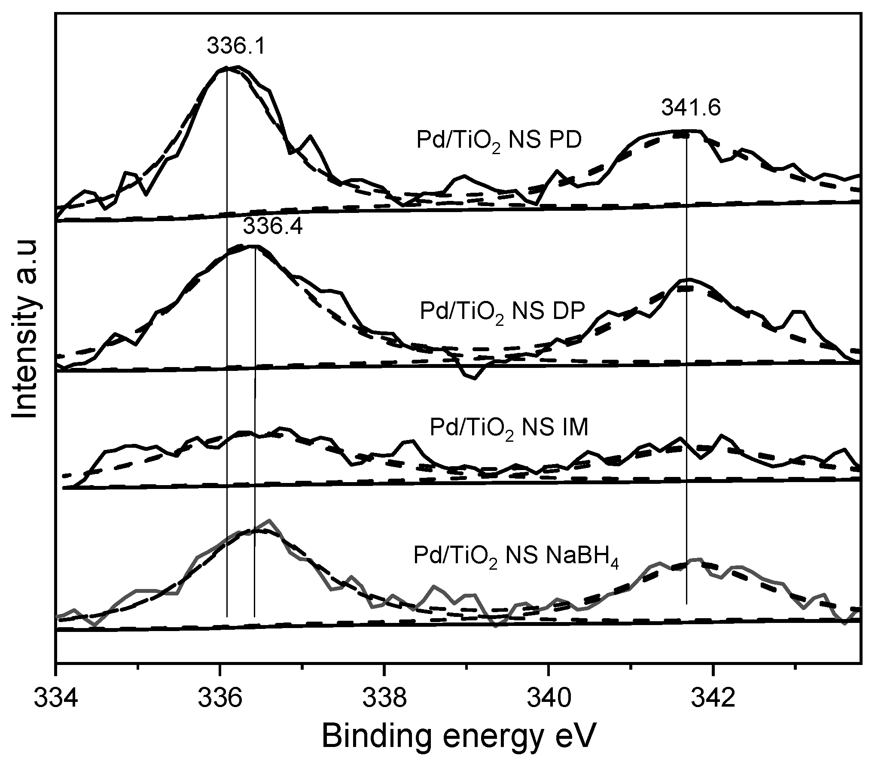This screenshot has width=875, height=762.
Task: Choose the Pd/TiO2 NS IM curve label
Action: (x=509, y=429)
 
